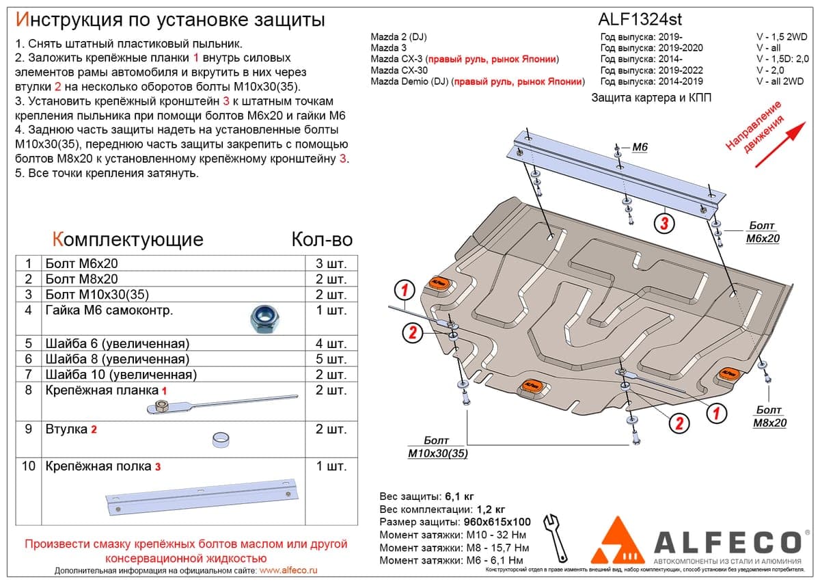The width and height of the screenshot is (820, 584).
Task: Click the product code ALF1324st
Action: [x=640, y=19]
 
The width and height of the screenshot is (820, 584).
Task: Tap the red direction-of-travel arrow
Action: [x=780, y=145]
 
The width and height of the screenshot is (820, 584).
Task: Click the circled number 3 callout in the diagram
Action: [x=664, y=223]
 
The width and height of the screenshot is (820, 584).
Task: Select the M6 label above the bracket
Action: [x=640, y=147]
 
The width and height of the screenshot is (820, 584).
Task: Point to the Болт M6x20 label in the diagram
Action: [x=763, y=232]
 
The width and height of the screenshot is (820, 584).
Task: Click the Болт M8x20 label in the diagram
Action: [x=769, y=416]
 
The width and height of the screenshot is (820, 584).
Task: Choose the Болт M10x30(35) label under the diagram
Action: [x=438, y=447]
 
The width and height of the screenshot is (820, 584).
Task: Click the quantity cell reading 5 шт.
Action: [x=331, y=359]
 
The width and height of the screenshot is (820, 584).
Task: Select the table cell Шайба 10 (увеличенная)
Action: [x=121, y=375]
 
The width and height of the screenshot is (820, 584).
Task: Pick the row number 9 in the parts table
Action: [x=29, y=429]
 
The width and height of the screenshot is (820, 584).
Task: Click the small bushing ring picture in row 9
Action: [x=221, y=440]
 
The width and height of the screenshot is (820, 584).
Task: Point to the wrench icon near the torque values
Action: [x=555, y=539]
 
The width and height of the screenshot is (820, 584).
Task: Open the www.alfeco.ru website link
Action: [x=288, y=570]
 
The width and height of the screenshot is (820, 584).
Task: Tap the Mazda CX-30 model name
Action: [x=399, y=70]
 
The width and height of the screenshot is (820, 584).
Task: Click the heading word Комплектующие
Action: [x=128, y=239]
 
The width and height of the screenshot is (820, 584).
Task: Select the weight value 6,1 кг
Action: [x=459, y=496]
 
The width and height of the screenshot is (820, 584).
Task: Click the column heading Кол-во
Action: [x=322, y=239]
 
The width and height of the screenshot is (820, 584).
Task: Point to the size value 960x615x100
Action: [x=497, y=522]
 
